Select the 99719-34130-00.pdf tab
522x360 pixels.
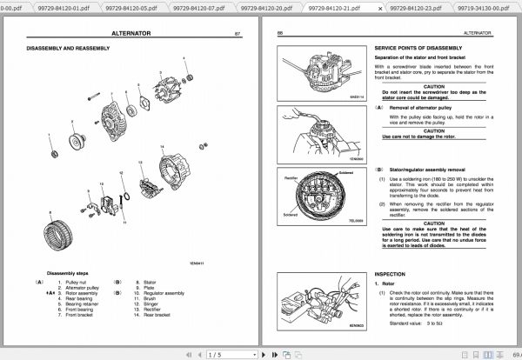(x=482, y=7)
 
